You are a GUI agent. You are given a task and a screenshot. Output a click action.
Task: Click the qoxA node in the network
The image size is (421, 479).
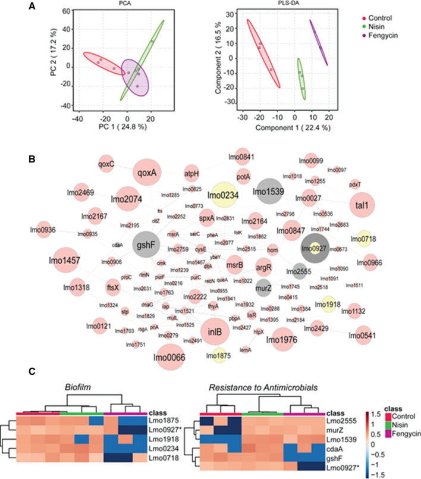tap(147, 172)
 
